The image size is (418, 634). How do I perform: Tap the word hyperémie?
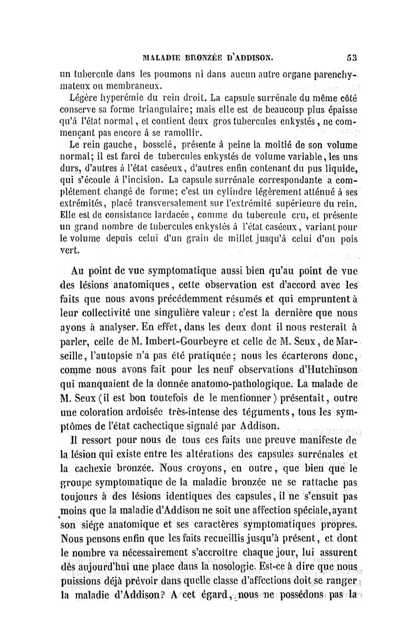click(x=119, y=97)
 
